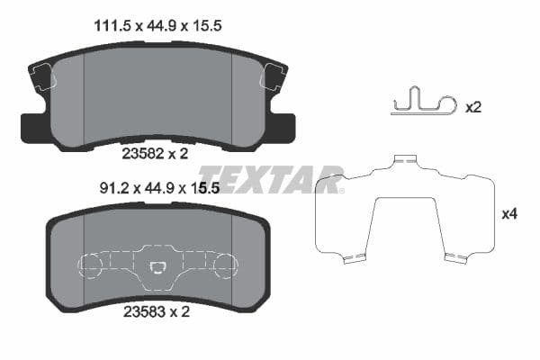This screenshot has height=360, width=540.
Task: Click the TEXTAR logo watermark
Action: coord(270,179)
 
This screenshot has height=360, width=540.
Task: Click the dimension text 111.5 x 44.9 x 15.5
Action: coord(158,27)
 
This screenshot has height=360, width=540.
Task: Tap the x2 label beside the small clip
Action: coord(473,107)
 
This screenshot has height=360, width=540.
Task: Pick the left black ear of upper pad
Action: coord(31,127)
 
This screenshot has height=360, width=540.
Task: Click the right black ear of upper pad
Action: coord(283,125)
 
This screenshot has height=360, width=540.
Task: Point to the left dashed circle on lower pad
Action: coord(93,266)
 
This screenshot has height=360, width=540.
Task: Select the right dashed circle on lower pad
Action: coord(223,266)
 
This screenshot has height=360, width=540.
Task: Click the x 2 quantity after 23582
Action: coord(179,154)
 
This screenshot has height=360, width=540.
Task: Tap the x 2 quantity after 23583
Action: coord(179,313)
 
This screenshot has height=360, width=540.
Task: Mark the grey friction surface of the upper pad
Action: coord(157,94)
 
